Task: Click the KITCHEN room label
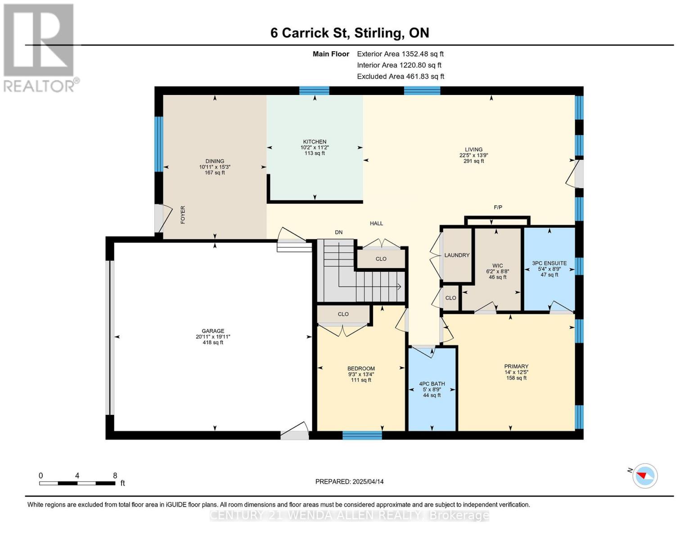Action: coord(314,141)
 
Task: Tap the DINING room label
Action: coord(215,161)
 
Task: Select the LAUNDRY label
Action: coord(457,255)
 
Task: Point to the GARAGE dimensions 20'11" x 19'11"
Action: coord(212,337)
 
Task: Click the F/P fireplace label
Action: coord(498,207)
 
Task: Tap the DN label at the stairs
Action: coord(339,232)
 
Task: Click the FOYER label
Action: coord(183,215)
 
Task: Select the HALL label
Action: coord(376,223)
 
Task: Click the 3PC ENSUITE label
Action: coord(549,263)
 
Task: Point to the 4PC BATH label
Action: coord(432,384)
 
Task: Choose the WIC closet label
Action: coord(497,265)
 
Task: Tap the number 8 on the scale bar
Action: coord(115,475)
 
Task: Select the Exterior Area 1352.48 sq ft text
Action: coord(400,54)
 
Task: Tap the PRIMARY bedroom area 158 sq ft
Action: coord(516,378)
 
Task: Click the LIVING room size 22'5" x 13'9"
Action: coord(474,155)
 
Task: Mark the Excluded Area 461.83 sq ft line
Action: coord(401,76)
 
